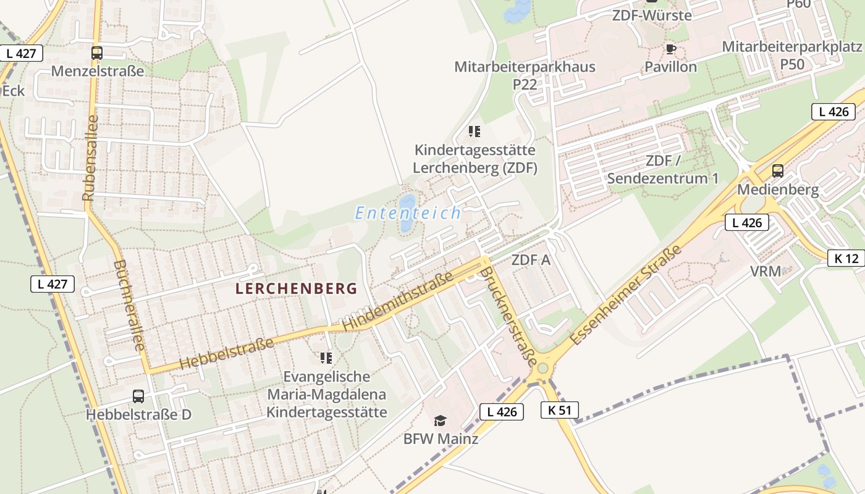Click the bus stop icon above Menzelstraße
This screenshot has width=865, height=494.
[97, 53]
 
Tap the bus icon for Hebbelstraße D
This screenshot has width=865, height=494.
[138, 396]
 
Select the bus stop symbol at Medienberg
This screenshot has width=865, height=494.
[778, 171]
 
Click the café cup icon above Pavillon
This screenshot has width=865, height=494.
[671, 49]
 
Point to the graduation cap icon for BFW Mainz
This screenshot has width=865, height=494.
[440, 421]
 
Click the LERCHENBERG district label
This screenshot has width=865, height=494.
[297, 288]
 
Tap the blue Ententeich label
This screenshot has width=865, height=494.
[408, 214]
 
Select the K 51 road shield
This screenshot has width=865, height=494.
[560, 410]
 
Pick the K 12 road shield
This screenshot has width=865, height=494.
[846, 258]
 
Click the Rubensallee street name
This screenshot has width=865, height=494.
[90, 158]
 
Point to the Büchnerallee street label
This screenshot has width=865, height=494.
[129, 305]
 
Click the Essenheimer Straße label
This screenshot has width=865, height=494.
[625, 295]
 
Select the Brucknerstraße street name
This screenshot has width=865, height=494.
[508, 315]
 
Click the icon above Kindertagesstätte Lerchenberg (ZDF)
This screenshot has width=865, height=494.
[475, 131]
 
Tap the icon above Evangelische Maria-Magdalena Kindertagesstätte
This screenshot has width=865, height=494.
[326, 358]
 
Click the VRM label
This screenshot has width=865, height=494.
[766, 271]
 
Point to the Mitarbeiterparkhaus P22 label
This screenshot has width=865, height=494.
[525, 75]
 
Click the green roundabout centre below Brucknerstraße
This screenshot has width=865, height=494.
[542, 369]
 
